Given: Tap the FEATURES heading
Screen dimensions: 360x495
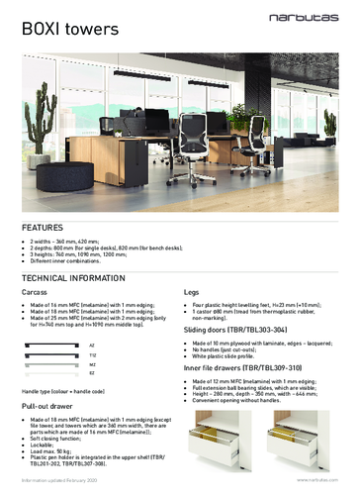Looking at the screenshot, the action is (43, 227).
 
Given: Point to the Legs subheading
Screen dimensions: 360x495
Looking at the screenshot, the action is (194, 294).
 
